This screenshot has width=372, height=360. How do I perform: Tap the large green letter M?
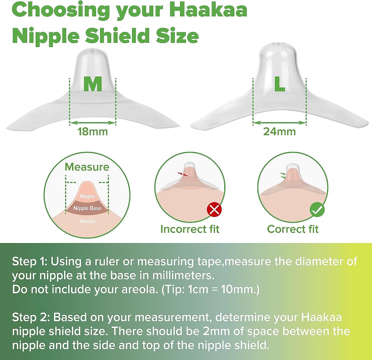point(93,84)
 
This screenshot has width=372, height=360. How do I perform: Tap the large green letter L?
point(279,84)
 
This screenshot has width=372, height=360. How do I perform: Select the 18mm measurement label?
point(93,131)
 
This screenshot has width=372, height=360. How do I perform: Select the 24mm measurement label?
point(279,131)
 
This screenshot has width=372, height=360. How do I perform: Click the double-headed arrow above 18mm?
point(93,123)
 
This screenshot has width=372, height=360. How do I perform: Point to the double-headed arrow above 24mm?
point(279,123)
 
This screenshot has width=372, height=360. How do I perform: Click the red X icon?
point(214,210)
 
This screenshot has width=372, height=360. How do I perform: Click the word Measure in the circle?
point(87,167)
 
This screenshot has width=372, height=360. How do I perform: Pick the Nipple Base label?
point(87,208)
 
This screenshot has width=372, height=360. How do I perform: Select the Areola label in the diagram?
point(87,221)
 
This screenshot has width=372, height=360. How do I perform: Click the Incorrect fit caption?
point(190,229)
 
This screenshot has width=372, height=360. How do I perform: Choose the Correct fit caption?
point(293,229)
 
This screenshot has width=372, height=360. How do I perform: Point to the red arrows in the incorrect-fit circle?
point(183,174)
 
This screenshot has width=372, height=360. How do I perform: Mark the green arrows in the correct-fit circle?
point(283,175)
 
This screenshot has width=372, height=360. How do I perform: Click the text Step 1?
point(30,262)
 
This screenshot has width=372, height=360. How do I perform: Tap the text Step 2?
point(31,318)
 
